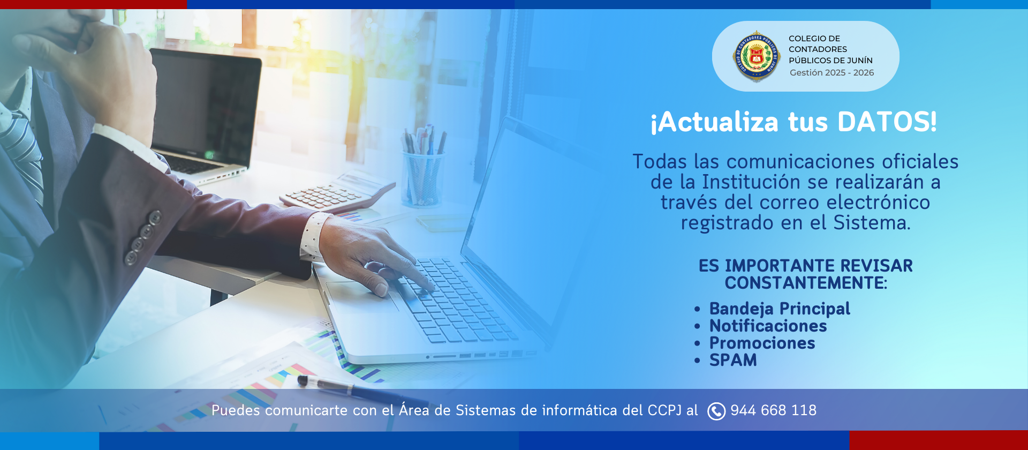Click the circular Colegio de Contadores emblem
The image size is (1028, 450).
point(756,56)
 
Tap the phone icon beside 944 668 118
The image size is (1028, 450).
point(716,411)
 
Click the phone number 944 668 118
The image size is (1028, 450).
point(774,410)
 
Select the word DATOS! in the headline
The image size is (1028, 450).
point(887,122)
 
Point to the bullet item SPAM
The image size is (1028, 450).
point(733,360)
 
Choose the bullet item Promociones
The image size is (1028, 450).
point(762,343)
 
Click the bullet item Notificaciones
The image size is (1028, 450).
point(768,326)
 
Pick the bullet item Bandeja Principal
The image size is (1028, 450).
point(780,309)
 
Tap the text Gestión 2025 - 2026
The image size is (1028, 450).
point(832,72)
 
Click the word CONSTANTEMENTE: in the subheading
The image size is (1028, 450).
point(806,283)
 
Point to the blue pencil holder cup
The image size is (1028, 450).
point(422,178)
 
